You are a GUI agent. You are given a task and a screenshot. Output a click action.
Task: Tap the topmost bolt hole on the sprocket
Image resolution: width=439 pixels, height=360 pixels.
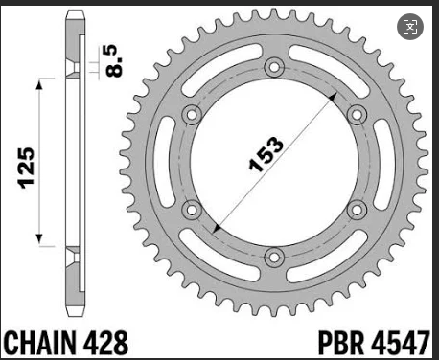275,68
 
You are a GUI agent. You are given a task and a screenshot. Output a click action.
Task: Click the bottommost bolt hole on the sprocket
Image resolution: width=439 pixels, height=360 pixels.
275,256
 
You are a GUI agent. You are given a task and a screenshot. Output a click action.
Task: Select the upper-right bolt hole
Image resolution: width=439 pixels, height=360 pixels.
357,115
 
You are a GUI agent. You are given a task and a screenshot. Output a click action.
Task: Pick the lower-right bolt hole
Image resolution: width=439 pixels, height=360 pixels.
357,209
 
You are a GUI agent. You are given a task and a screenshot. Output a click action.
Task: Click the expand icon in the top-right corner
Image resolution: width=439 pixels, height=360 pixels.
411,26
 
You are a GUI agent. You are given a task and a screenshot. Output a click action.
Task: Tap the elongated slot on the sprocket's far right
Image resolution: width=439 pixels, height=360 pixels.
381,162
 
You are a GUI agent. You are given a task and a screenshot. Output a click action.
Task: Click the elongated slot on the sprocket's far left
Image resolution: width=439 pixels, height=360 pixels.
170,162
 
